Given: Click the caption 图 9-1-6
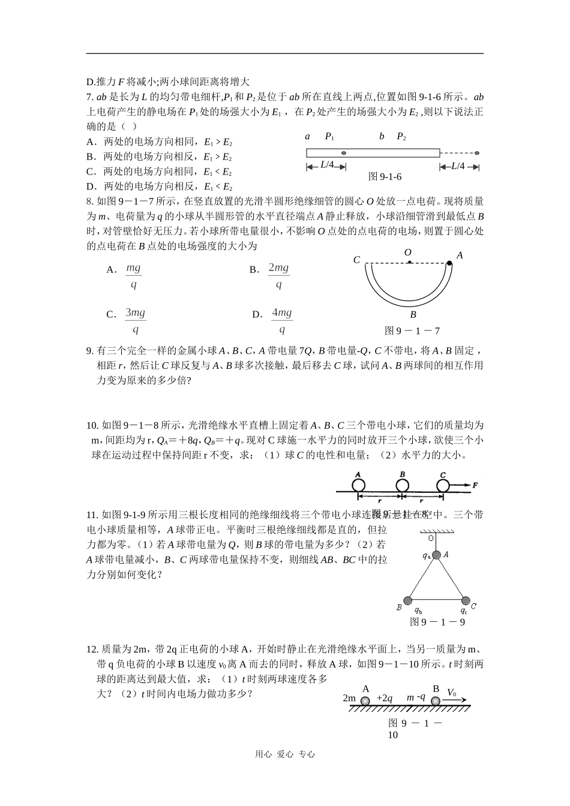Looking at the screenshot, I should [x=385, y=176].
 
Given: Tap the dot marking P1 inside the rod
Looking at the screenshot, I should [x=344, y=154].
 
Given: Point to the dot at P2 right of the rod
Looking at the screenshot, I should [x=477, y=154].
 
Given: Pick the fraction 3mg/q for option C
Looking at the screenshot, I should [x=136, y=321].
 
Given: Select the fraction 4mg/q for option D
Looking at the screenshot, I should [x=281, y=321].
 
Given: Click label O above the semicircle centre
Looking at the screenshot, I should [x=408, y=252].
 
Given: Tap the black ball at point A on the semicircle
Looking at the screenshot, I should [x=449, y=263].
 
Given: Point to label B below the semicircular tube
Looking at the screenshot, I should [x=413, y=314].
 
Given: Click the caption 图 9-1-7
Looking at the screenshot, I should [x=412, y=330].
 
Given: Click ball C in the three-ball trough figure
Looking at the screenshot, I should [x=443, y=485].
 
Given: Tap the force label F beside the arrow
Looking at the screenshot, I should [x=475, y=485].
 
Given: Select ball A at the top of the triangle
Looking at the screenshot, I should [x=436, y=555].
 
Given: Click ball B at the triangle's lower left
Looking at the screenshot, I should [x=407, y=600].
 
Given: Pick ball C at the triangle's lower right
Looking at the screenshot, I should [x=465, y=600].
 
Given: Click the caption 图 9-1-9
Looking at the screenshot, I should [x=437, y=622].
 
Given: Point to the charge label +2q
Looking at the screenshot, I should [x=384, y=698].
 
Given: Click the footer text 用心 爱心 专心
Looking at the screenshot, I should [x=285, y=754].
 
